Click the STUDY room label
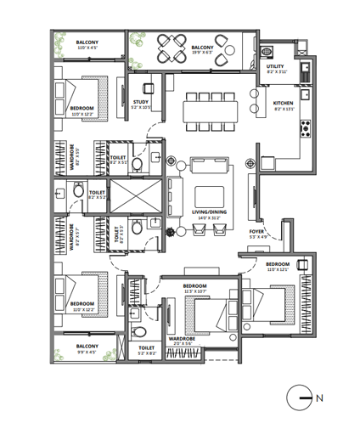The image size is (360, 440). click(141, 104)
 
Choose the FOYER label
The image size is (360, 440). click(258, 233)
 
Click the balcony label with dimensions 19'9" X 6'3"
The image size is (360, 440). click(201, 50)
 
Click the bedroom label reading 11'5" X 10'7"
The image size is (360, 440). click(195, 289)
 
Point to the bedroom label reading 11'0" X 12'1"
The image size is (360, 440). click(278, 267)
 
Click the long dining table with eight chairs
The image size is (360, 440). click(209, 110)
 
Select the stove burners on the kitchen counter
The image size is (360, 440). click(305, 130)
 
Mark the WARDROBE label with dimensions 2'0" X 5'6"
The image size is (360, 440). click(183, 341)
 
